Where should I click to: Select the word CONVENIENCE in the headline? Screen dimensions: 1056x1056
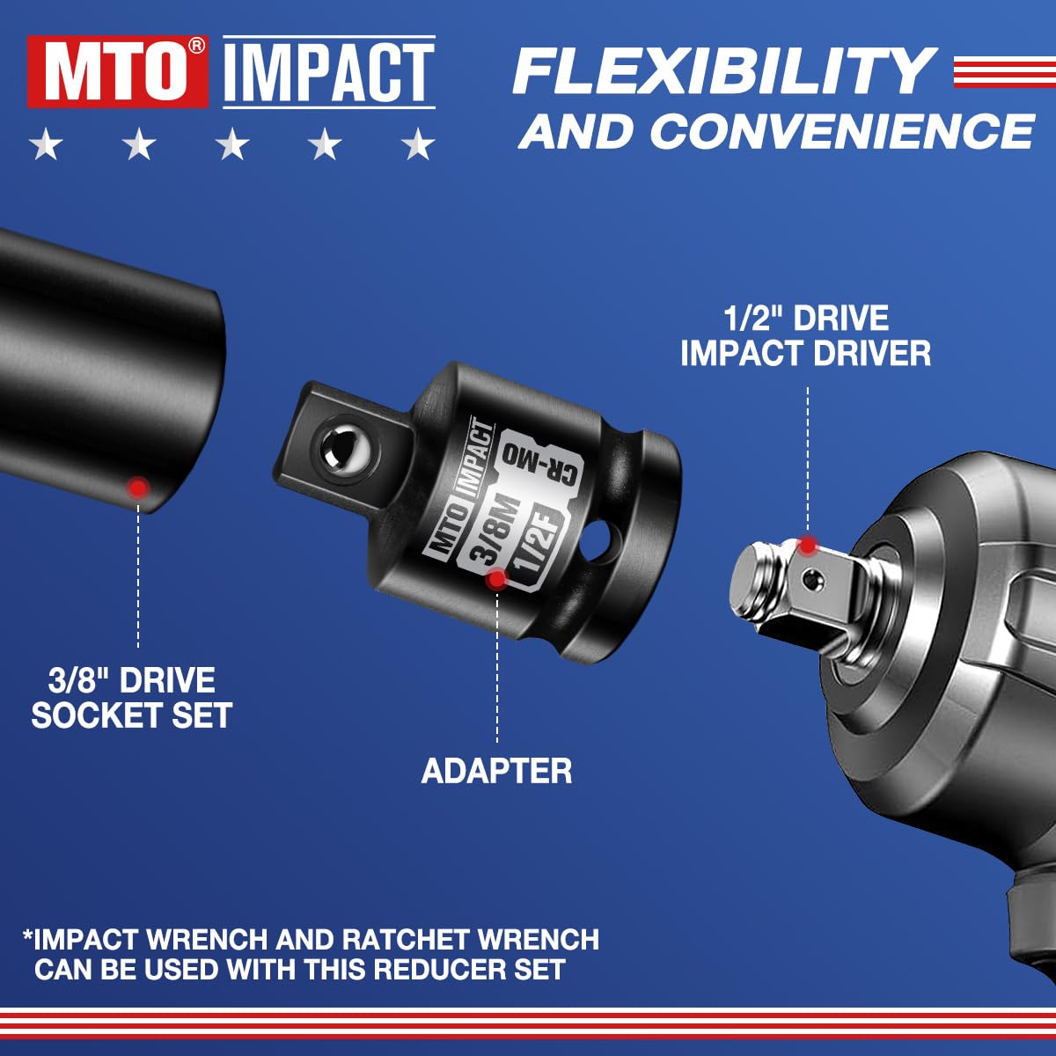[x=841, y=131]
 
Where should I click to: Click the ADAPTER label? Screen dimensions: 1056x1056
[x=496, y=771]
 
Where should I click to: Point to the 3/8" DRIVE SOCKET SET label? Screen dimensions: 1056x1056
[x=132, y=698]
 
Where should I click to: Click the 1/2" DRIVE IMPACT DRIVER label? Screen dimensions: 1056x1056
[x=805, y=336]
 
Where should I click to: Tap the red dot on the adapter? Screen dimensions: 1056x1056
[x=496, y=578]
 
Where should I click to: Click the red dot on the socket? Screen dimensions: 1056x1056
[x=136, y=487]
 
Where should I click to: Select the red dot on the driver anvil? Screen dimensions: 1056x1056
[x=807, y=545]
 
